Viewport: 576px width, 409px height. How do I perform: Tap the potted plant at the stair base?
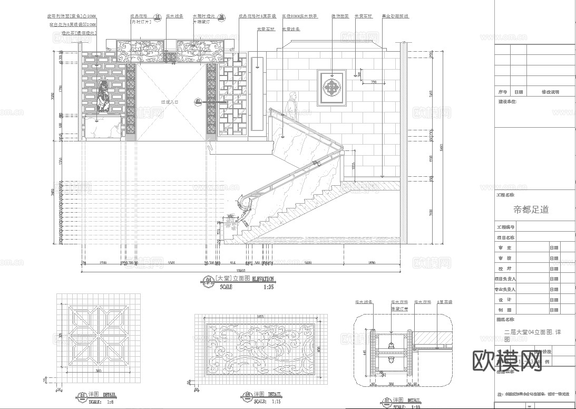[x=230, y=224]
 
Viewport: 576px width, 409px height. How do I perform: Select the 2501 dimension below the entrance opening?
[x=171, y=262]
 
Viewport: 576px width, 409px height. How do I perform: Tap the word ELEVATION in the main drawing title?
[x=262, y=279]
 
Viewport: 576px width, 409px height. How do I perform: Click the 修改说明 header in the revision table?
[x=550, y=92]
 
